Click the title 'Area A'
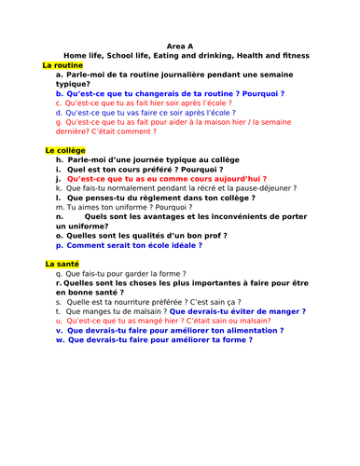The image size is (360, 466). click(x=179, y=45)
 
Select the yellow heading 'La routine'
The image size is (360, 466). click(x=62, y=65)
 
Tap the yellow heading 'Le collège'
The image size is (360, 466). click(x=64, y=150)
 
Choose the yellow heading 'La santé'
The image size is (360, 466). click(x=62, y=265)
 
